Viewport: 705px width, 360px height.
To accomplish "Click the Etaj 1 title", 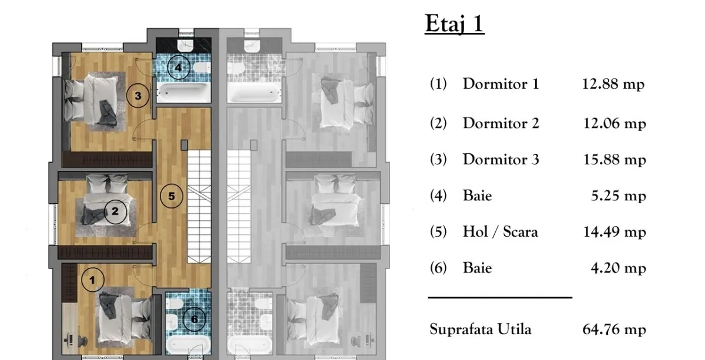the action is (x=455, y=23).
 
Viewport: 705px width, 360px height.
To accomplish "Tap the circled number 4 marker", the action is (x=179, y=67).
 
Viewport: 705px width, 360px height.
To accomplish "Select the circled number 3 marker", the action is (x=138, y=96).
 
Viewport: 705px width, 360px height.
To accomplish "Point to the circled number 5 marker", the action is (x=172, y=196).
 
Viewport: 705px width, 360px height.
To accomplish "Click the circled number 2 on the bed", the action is (x=115, y=212).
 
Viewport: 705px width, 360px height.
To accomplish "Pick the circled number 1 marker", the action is (x=93, y=280).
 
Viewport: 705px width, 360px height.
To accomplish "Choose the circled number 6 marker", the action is (x=194, y=319).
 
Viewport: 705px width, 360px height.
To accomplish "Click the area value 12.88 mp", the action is (x=613, y=85).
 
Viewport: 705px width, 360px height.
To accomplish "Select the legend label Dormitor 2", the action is (x=501, y=123).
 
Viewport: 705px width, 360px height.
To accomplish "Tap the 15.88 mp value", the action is (x=615, y=160).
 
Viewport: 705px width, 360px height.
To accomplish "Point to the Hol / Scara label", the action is (x=501, y=232).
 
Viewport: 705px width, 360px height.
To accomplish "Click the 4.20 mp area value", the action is (x=619, y=268).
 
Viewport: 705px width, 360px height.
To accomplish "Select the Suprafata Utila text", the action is (x=481, y=329).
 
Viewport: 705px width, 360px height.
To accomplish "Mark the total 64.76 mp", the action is (x=615, y=329).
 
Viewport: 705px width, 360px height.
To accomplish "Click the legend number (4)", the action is (x=438, y=196).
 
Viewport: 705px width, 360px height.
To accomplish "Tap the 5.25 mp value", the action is (x=619, y=196).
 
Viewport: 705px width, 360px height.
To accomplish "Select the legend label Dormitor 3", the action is (x=501, y=160).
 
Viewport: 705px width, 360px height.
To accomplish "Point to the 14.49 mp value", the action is (x=615, y=232).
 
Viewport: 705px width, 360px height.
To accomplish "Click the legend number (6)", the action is (x=438, y=268).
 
